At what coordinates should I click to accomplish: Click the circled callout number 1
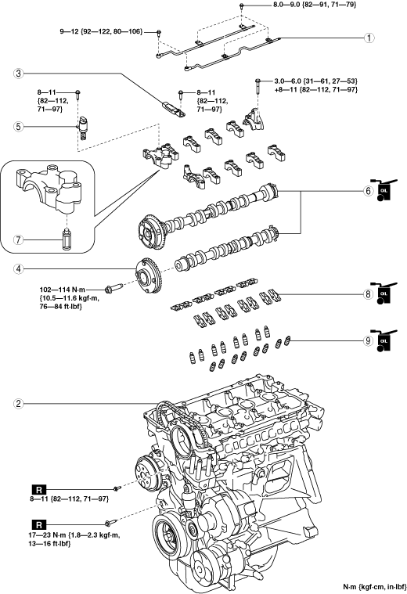[369, 38]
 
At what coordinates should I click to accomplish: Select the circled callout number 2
[18, 404]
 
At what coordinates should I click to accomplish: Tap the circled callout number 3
[18, 73]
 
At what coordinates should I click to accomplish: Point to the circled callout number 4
[18, 269]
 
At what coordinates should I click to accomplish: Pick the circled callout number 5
[18, 126]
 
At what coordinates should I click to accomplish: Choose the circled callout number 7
[18, 239]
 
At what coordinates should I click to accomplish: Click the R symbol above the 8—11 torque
[39, 489]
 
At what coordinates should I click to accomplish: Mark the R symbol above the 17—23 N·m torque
[39, 524]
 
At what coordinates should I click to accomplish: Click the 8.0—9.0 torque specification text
[315, 5]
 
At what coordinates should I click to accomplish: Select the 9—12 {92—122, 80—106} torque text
[101, 32]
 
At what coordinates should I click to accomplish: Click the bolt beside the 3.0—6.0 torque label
[258, 86]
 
